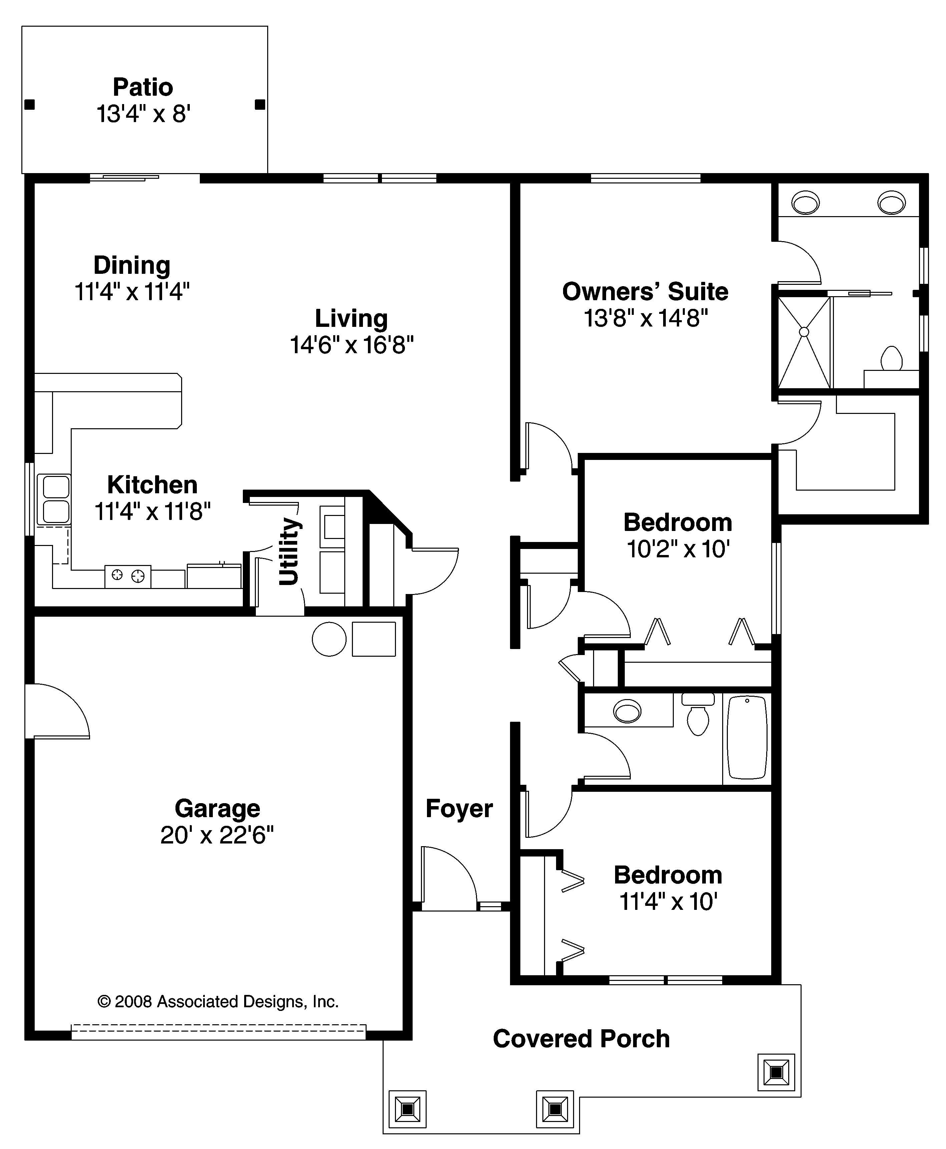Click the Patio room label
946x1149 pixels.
tap(143, 87)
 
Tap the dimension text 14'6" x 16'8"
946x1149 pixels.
tap(352, 345)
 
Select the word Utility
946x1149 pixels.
tap(289, 551)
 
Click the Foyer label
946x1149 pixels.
tap(459, 808)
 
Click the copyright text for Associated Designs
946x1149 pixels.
tap(218, 1001)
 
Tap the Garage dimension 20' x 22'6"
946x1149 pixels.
tap(217, 834)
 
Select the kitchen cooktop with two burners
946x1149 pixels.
tap(127, 575)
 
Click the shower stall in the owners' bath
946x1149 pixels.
tap(804, 342)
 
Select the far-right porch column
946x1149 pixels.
tap(776, 1072)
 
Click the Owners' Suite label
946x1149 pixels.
tap(645, 292)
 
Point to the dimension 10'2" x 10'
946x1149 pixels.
tap(677, 549)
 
